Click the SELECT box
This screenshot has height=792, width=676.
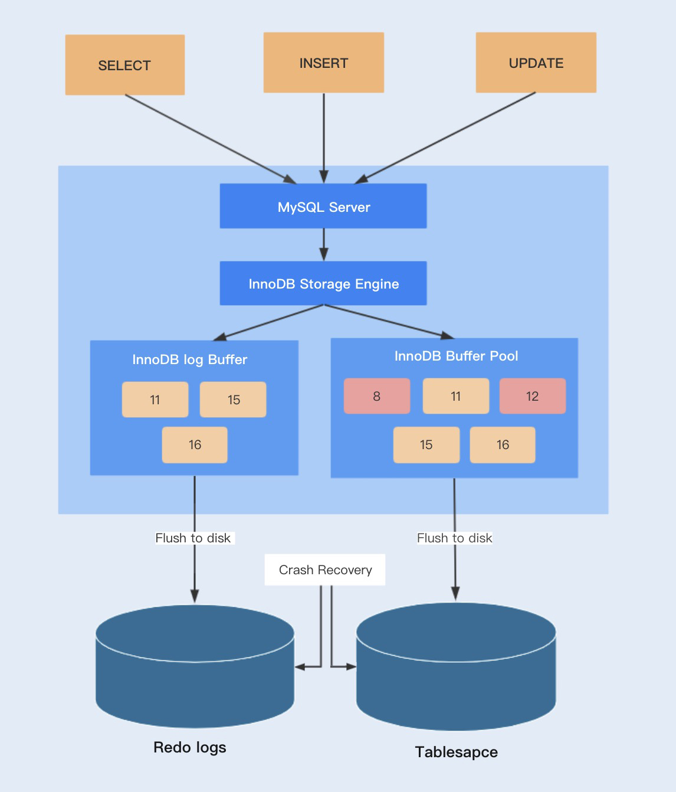coord(124,65)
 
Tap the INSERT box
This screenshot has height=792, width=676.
coord(323,63)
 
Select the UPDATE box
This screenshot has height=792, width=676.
coord(536,63)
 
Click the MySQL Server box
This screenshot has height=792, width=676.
coord(323,206)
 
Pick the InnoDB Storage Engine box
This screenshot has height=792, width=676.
coord(323,283)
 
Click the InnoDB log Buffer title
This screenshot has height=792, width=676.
coord(189,359)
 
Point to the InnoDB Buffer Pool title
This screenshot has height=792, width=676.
coord(456,356)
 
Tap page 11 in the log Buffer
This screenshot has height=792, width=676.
coord(155,400)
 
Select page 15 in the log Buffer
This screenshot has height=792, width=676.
coord(233,400)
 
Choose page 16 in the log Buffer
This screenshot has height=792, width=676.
coord(195,445)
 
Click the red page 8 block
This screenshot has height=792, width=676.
coord(377,396)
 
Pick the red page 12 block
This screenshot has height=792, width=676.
coord(533,396)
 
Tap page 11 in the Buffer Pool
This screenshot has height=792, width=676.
coord(456,396)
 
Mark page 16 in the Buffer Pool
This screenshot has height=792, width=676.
coord(503,445)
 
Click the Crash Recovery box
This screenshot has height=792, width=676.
coord(325,570)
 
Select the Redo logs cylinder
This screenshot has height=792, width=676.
coord(195,667)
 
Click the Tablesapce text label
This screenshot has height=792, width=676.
coord(456,752)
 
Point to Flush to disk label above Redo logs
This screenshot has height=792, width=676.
coord(193,538)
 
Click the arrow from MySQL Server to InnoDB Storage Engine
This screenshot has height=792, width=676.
coord(323,244)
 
